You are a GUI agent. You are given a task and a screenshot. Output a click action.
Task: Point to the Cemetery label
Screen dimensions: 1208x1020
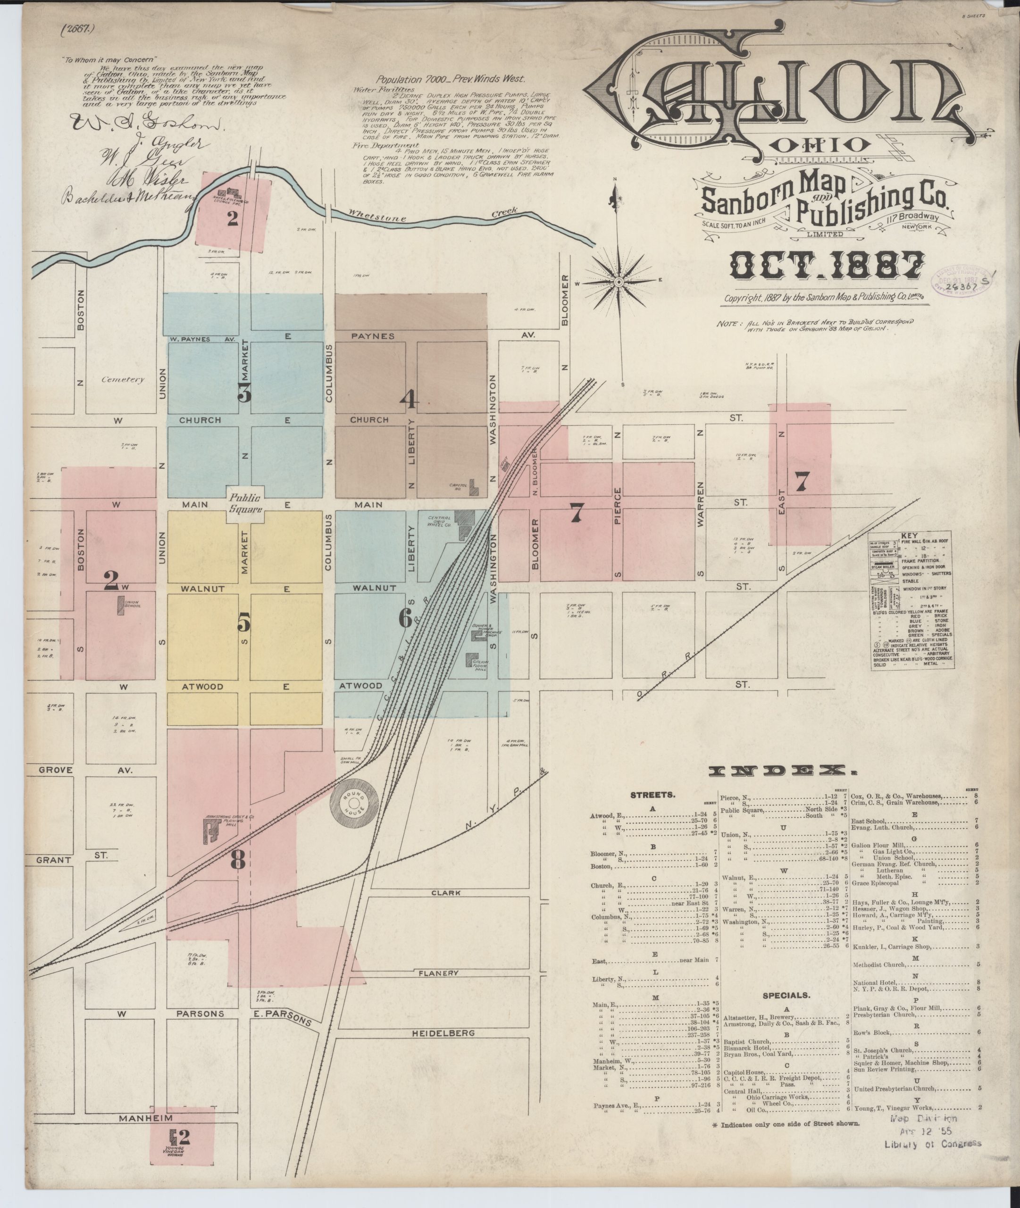pyautogui.click(x=122, y=380)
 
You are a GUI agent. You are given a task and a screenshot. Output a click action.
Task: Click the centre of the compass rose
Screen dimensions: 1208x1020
pyautogui.click(x=618, y=282)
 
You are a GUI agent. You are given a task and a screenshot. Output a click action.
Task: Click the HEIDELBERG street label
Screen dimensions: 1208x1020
pyautogui.click(x=444, y=1033)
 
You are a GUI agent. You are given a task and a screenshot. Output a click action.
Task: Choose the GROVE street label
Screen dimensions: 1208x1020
pyautogui.click(x=56, y=770)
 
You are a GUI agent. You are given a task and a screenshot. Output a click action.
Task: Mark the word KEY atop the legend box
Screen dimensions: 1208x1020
pyautogui.click(x=909, y=536)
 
